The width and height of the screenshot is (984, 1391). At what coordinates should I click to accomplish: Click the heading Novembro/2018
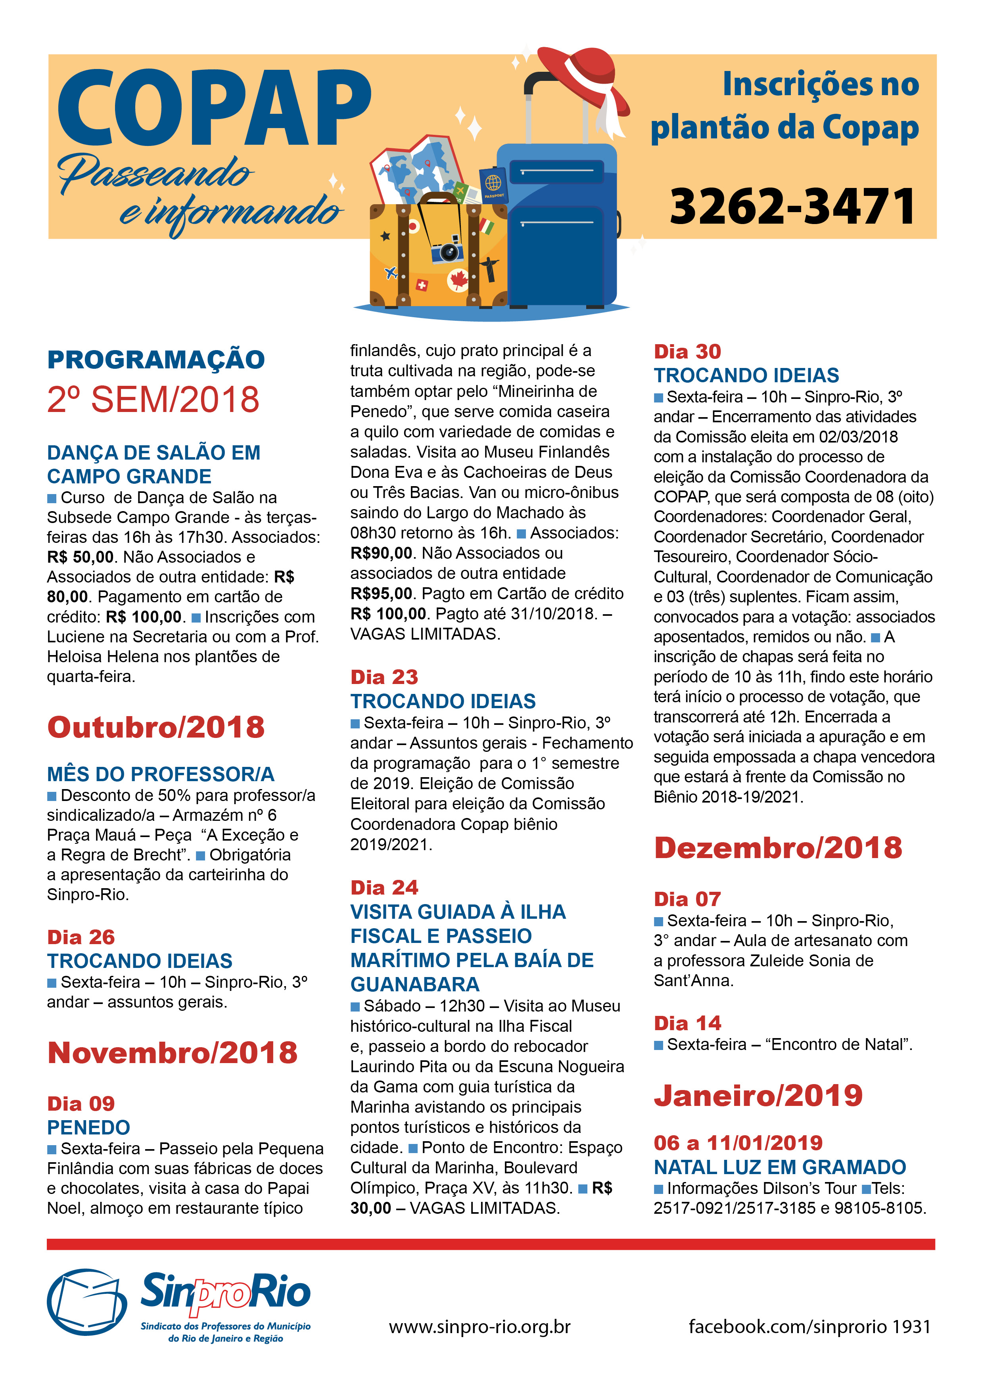[x=173, y=1053]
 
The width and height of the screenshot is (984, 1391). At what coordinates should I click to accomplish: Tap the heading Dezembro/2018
[x=778, y=847]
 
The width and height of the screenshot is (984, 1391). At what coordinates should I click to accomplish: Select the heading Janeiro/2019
[x=758, y=1095]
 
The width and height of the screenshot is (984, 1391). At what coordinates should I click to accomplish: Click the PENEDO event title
[x=88, y=1127]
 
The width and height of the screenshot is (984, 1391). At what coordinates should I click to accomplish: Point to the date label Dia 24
[x=384, y=887]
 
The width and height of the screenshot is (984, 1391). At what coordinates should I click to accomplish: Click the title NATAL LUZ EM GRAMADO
[x=780, y=1167]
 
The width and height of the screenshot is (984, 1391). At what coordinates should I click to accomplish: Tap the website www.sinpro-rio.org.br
[x=479, y=1327]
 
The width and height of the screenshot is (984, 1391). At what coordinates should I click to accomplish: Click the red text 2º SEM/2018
[x=153, y=400]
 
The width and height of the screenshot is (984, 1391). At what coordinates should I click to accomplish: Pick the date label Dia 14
[x=687, y=1023]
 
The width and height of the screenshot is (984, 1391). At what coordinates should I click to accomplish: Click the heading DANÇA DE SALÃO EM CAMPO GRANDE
[x=154, y=464]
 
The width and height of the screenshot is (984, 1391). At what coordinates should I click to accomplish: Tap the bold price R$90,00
[x=382, y=553]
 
